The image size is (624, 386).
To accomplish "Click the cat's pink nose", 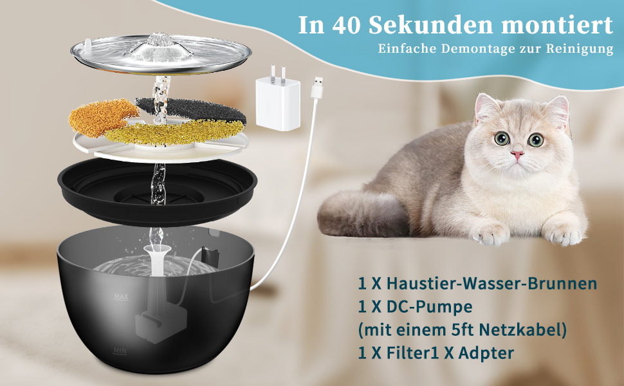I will [x=517, y=154].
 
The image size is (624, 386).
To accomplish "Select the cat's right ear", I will [x=485, y=106].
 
